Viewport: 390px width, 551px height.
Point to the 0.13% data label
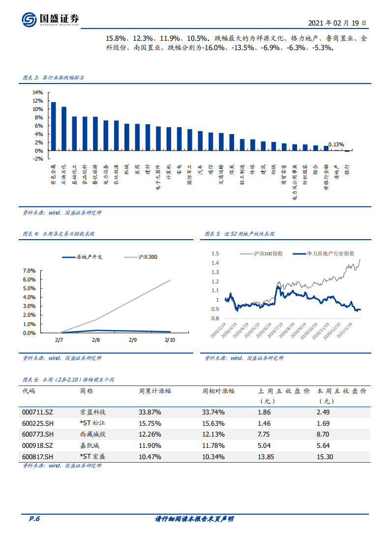click(x=336, y=144)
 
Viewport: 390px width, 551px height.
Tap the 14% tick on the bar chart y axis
click(x=37, y=92)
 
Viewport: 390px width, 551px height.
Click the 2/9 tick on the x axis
click(x=133, y=340)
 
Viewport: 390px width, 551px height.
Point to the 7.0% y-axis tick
click(x=29, y=271)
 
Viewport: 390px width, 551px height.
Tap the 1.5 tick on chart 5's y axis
click(x=214, y=253)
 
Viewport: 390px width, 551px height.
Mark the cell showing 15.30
click(x=325, y=456)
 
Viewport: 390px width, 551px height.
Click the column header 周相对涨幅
click(x=218, y=391)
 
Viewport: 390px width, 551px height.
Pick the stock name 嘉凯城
click(x=90, y=445)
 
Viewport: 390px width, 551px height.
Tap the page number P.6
click(x=34, y=519)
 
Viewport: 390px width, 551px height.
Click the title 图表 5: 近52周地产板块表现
click(x=240, y=234)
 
